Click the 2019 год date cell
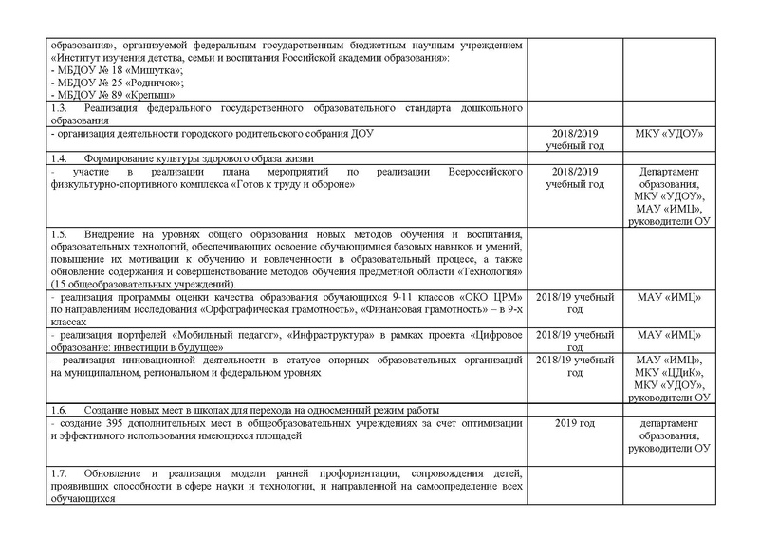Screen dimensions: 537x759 pyautogui.click(x=573, y=421)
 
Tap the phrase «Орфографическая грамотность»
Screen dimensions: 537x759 pyautogui.click(x=256, y=311)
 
